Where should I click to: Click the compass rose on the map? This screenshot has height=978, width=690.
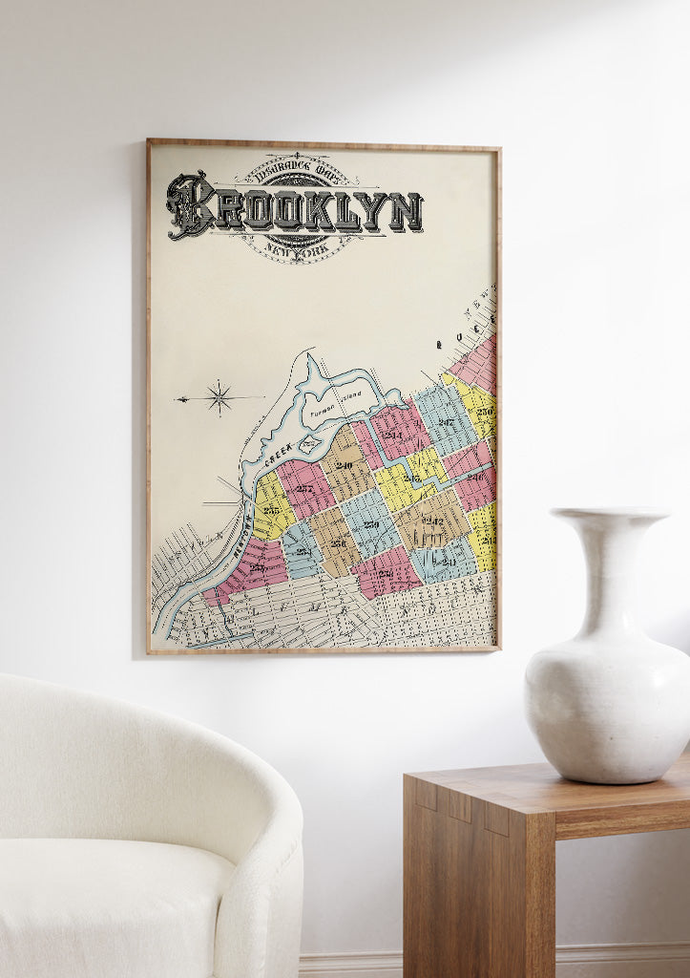[x=219, y=397]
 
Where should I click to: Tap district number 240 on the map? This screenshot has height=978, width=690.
[x=344, y=465]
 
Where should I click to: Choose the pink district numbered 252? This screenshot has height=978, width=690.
[x=304, y=488]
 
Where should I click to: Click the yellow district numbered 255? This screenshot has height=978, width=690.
[x=272, y=510]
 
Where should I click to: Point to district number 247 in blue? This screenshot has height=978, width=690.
[x=445, y=421]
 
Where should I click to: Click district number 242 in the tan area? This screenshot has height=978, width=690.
[x=433, y=521]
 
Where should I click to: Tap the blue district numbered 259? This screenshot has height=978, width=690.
[x=371, y=523]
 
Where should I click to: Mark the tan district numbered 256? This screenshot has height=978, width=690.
[x=337, y=542]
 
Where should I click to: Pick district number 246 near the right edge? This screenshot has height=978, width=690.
[x=475, y=475]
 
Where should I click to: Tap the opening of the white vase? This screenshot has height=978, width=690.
[x=608, y=514]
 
